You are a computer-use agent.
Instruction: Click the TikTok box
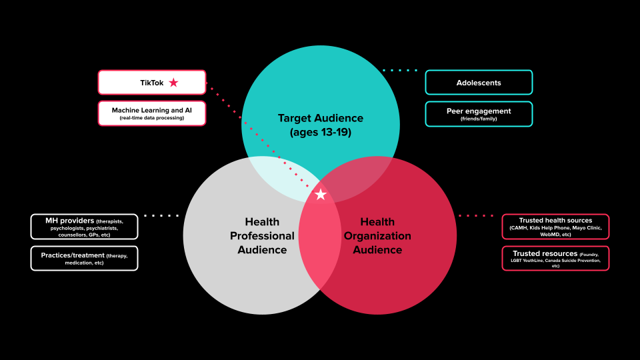(x=151, y=83)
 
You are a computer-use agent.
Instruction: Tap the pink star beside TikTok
(x=173, y=83)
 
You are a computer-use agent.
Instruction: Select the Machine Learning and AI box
(x=151, y=113)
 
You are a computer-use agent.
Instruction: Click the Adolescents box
(x=479, y=83)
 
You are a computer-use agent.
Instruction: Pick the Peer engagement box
(x=479, y=114)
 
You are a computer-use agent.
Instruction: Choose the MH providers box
(x=84, y=227)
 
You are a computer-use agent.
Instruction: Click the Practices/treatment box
(x=84, y=258)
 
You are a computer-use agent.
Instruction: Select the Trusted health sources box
(x=555, y=227)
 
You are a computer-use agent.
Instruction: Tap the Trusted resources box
(x=555, y=258)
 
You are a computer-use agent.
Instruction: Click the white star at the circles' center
(x=321, y=194)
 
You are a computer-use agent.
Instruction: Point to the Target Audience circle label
(x=321, y=118)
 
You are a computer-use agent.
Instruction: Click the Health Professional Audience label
(x=262, y=236)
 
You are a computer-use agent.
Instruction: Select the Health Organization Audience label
(x=378, y=236)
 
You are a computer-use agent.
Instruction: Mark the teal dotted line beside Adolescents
(x=400, y=70)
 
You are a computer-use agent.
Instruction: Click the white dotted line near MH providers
(x=161, y=215)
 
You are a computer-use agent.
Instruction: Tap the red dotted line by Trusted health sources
(x=476, y=215)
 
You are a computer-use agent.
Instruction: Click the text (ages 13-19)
(x=321, y=132)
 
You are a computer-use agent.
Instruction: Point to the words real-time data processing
(x=151, y=118)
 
